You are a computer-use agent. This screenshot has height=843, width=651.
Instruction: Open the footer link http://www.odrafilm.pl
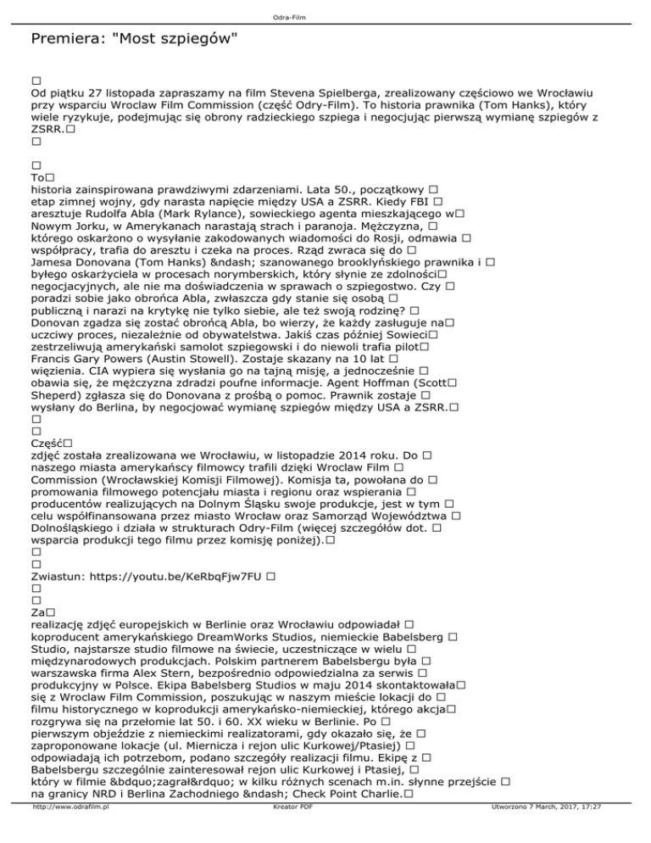click(x=74, y=832)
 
